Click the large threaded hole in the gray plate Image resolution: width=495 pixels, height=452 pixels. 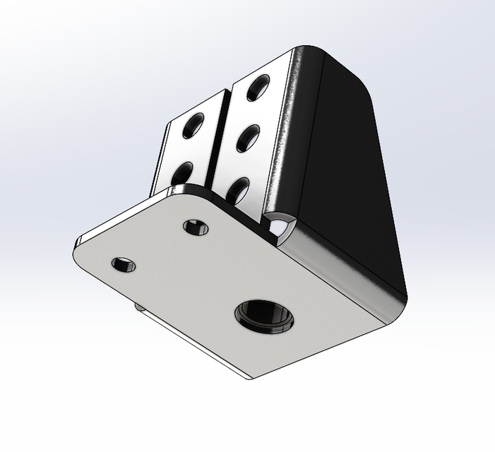[264, 314]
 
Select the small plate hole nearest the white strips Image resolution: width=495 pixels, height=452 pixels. [195, 227]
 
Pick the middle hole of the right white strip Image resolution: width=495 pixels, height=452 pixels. [249, 136]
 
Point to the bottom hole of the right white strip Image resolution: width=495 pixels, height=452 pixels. [239, 189]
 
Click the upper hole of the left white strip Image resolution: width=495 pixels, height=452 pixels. [193, 126]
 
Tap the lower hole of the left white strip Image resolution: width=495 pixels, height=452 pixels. [182, 172]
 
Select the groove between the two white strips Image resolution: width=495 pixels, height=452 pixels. [221, 141]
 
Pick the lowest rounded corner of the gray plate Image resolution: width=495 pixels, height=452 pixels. [247, 374]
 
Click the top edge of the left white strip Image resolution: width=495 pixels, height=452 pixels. [198, 104]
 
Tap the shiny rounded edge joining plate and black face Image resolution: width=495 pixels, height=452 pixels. [332, 268]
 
